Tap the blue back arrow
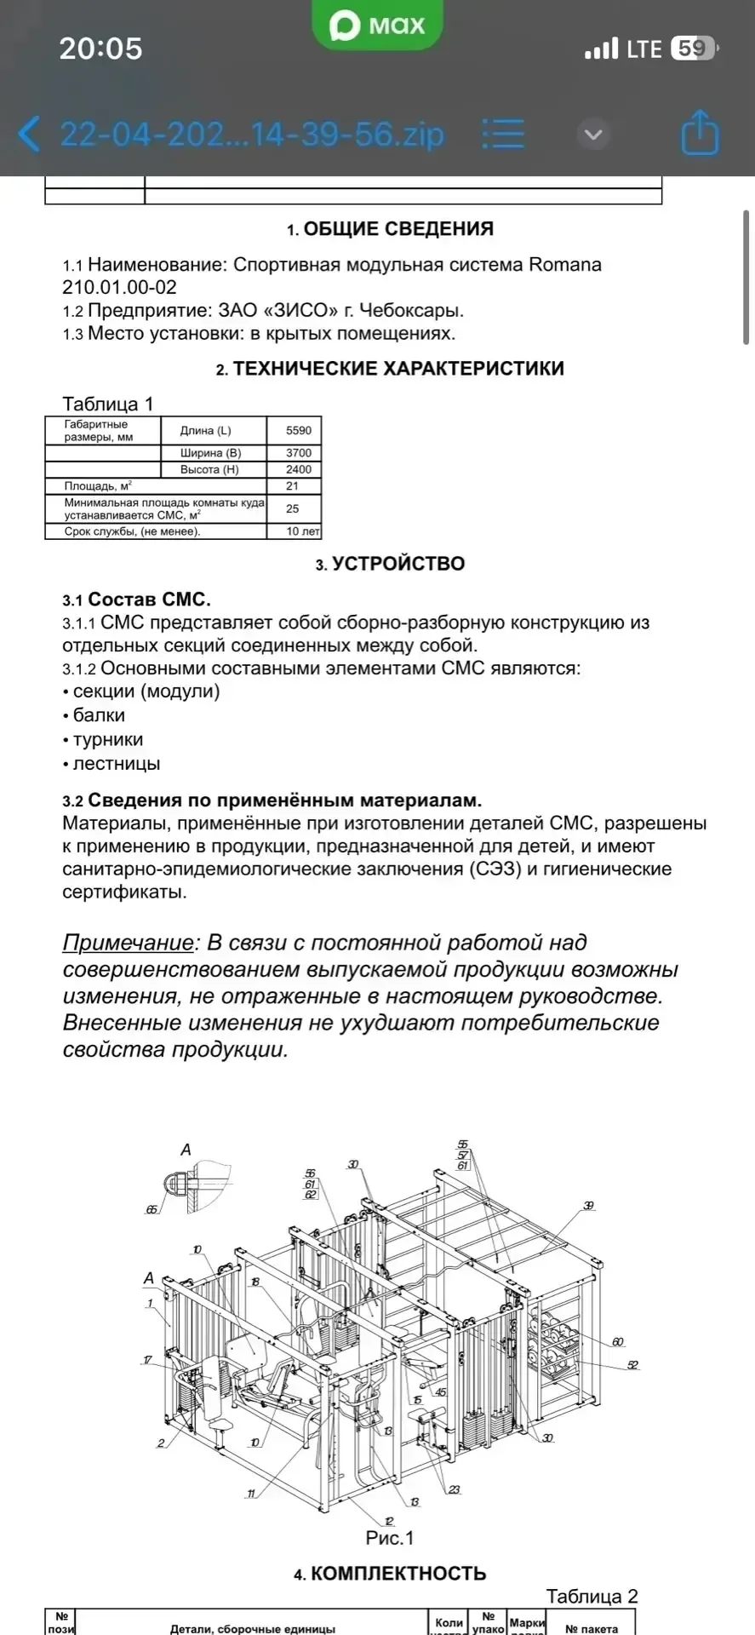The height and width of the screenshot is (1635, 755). (29, 135)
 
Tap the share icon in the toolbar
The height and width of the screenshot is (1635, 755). (700, 133)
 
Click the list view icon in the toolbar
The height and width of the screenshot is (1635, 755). (503, 134)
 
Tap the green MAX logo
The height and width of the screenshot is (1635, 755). (378, 26)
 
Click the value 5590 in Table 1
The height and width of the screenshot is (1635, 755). (298, 430)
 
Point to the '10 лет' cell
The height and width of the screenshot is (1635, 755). (303, 531)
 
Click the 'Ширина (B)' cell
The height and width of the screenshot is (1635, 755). (210, 453)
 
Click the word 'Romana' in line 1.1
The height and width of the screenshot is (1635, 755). (565, 265)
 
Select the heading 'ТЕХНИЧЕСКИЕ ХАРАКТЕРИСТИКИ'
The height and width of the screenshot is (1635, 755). (398, 369)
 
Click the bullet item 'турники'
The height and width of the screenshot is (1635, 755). (107, 740)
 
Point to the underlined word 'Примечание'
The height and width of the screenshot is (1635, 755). (128, 943)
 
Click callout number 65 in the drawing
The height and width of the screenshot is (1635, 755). (152, 1209)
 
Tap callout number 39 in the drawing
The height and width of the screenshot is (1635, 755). (588, 1206)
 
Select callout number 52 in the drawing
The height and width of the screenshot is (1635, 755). (632, 1365)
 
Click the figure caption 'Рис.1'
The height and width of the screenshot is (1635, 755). (389, 1538)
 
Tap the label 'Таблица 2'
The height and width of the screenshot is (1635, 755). (592, 1597)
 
